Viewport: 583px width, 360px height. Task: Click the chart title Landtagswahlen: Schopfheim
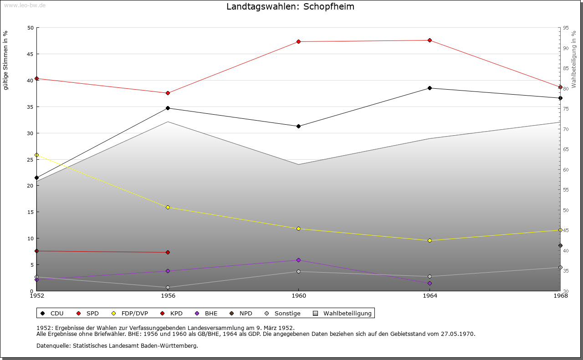pos(290,7)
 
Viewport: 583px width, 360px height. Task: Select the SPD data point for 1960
pos(298,42)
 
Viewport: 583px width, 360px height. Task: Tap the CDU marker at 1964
pos(430,88)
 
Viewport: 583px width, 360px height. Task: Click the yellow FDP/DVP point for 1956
pos(168,208)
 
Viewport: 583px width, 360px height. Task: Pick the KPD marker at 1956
pos(168,253)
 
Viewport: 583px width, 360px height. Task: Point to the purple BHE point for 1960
pos(298,260)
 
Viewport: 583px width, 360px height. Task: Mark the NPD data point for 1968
pos(560,246)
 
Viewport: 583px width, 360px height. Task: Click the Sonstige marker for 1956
pos(168,288)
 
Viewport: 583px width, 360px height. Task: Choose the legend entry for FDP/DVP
pos(130,314)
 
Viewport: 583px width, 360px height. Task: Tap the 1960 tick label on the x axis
pos(298,296)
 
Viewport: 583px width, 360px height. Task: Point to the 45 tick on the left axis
pos(31,54)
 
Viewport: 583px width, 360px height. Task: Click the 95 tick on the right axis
pos(566,28)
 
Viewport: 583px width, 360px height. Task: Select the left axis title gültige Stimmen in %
pos(6,60)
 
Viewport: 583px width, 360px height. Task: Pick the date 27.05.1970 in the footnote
pos(457,334)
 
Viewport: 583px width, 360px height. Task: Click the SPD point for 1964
pos(430,41)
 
